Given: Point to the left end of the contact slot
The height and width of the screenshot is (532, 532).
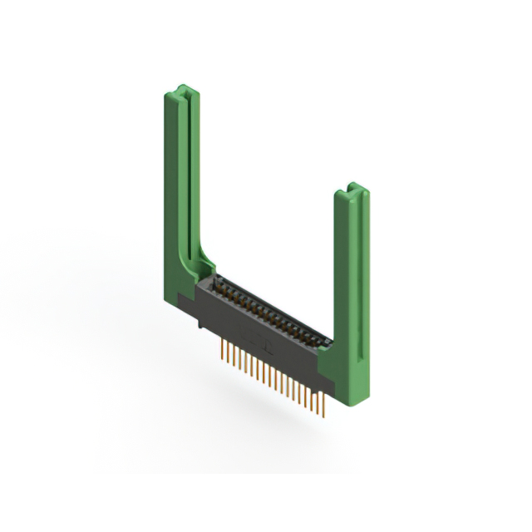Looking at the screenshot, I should pos(218,283).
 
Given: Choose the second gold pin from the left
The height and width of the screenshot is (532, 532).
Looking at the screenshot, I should pos(226,354).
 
